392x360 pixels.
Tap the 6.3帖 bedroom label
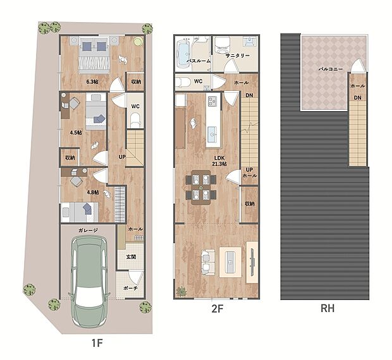click(92, 81)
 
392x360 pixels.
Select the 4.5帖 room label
click(76, 133)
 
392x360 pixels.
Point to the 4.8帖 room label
click(93, 193)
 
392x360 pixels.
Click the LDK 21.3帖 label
click(219, 161)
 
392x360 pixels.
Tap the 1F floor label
click(97, 343)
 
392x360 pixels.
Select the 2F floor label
click(217, 309)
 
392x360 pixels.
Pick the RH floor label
click(328, 309)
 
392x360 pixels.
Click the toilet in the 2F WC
click(181, 82)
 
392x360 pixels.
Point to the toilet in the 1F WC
click(135, 120)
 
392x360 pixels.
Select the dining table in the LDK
click(201, 187)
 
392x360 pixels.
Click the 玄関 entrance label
click(131, 256)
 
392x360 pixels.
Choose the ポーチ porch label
click(130, 288)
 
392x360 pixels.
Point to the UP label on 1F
click(122, 157)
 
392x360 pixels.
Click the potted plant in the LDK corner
click(181, 292)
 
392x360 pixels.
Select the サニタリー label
click(238, 56)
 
